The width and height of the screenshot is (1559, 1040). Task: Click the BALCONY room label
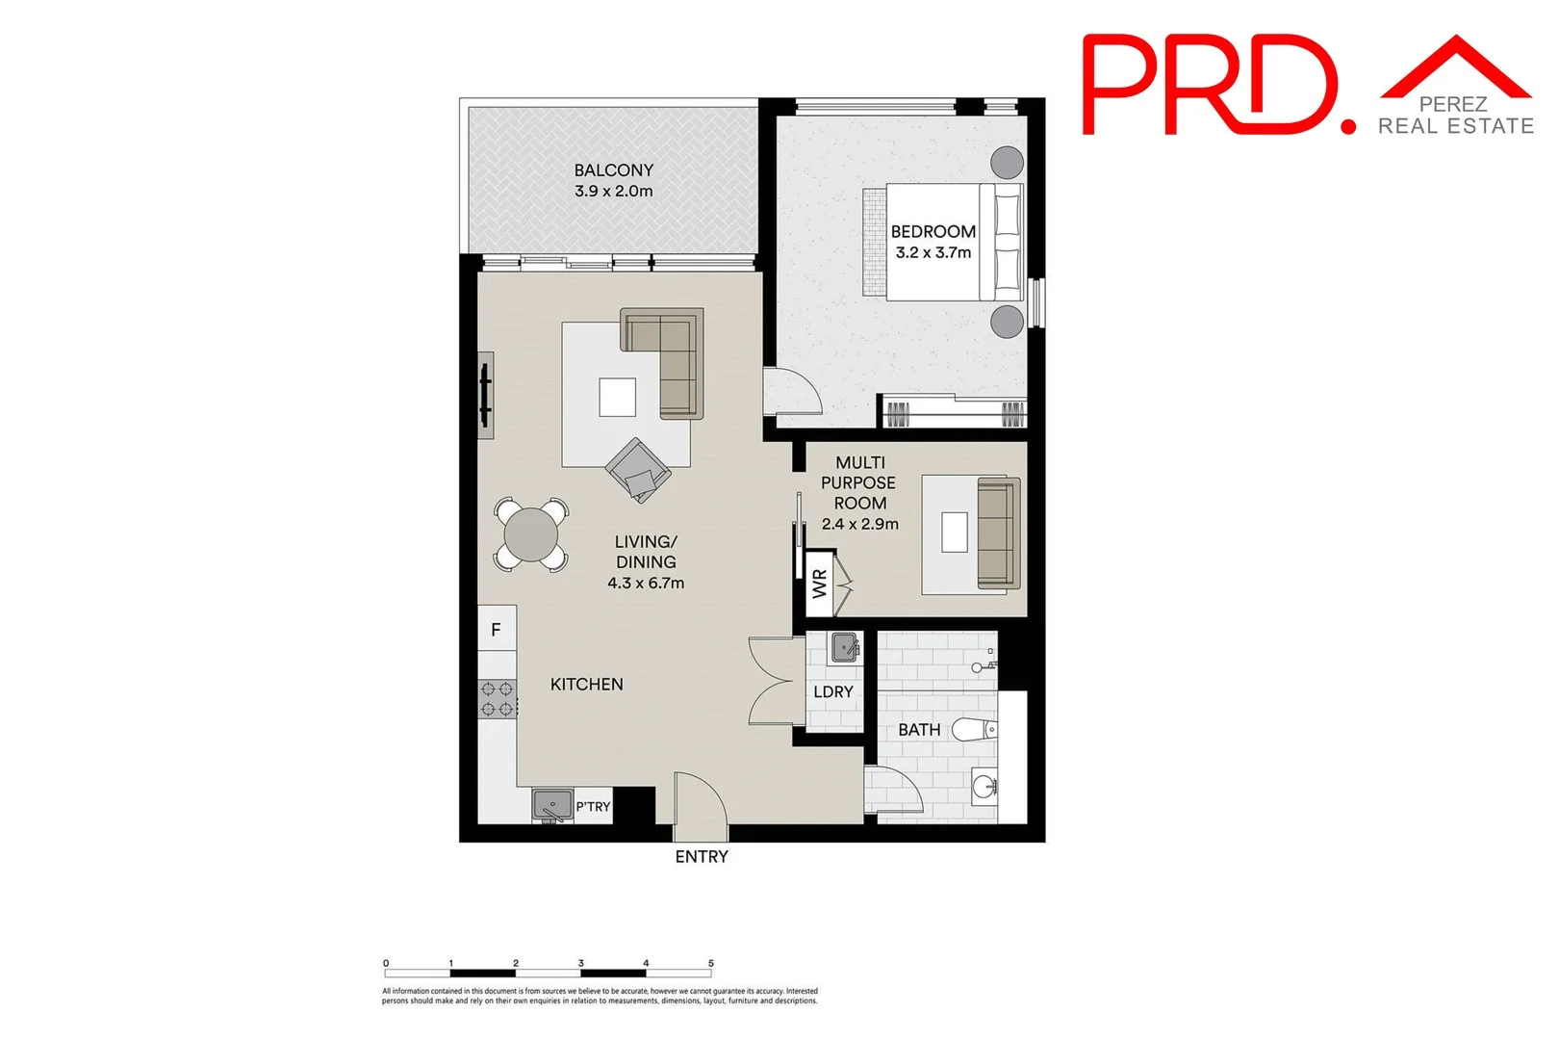point(613,170)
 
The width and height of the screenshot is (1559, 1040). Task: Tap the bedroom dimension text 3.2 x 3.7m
point(933,252)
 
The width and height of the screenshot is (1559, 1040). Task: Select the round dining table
point(530,534)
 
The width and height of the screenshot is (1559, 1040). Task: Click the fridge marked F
point(497,630)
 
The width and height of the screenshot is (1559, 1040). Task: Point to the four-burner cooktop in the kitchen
point(497,699)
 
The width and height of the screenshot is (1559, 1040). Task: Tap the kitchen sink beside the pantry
point(552,805)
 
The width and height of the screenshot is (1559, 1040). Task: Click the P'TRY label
point(593,806)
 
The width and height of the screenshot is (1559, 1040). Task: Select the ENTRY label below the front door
point(701,856)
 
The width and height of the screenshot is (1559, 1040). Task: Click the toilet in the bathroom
point(974,730)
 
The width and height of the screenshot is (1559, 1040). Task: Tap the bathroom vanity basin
point(984,788)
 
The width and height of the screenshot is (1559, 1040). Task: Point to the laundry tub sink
point(845,647)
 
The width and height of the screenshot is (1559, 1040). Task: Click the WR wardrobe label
point(819,584)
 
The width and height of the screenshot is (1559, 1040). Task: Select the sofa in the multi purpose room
point(997,533)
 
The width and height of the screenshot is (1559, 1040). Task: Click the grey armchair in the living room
point(638,469)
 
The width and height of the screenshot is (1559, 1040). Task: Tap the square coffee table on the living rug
point(617,397)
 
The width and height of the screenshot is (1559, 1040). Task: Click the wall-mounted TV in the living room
point(486,395)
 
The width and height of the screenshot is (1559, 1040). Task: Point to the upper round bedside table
point(1007,163)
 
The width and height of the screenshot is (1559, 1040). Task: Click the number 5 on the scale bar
point(710,963)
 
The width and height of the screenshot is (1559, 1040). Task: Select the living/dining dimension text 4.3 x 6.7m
point(646,583)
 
